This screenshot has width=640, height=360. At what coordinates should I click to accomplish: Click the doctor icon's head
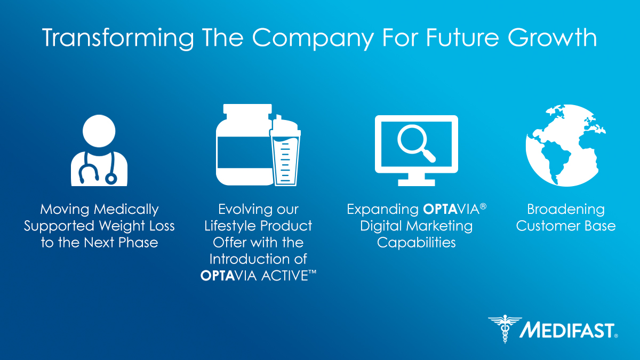tap(99, 130)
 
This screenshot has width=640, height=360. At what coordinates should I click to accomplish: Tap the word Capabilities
tap(416, 242)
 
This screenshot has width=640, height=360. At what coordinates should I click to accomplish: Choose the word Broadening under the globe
tap(566, 209)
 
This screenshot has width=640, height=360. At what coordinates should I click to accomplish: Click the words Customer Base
tap(566, 226)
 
